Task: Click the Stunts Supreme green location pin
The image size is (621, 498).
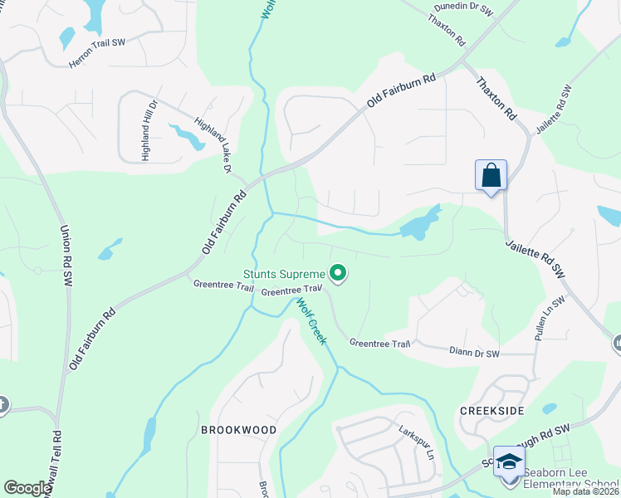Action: coord(338,272)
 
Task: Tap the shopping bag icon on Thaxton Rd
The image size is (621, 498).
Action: coord(491,176)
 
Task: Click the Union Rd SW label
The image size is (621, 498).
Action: coord(64,257)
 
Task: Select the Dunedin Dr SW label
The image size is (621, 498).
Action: coord(463,11)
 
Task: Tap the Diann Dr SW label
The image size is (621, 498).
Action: coord(475,354)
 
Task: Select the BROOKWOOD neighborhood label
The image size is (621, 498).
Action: coord(227,430)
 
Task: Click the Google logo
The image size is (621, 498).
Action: coord(28,488)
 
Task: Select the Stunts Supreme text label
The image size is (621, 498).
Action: coord(283,273)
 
